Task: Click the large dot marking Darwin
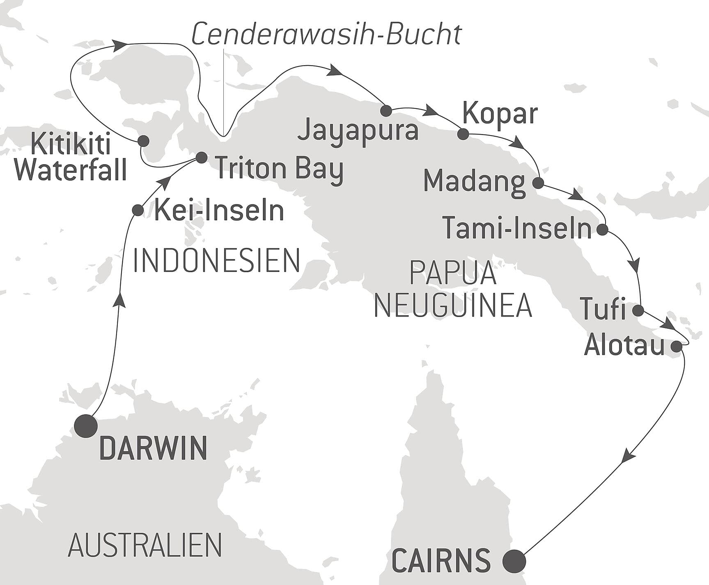point(85,426)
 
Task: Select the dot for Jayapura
point(386,110)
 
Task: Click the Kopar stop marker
point(463,134)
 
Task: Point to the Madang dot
point(538,183)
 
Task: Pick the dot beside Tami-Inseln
point(602,229)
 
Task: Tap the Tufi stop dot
point(638,310)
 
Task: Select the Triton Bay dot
point(202,158)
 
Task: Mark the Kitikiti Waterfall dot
point(143,141)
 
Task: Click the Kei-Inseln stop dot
point(138,210)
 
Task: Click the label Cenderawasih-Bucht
point(327,34)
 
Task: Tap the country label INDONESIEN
point(217,261)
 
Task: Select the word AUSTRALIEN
point(145,545)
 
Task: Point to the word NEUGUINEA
point(453,305)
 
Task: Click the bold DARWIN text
point(153,448)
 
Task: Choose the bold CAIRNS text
point(441,561)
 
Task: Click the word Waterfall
point(71,170)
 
